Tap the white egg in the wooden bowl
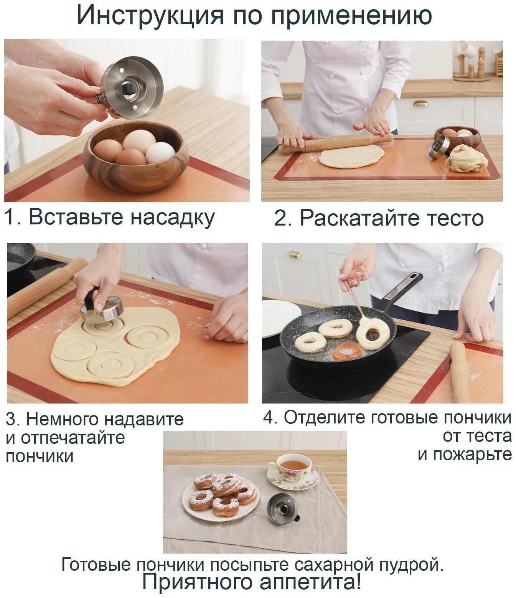pos(160,153)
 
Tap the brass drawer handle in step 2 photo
pos(420,103)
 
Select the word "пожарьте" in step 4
pos(473,455)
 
